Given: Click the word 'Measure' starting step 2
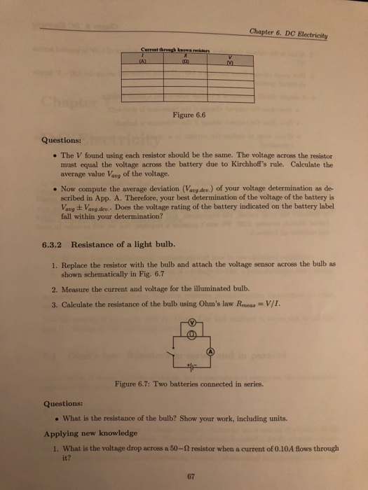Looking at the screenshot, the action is (x=76, y=287).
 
